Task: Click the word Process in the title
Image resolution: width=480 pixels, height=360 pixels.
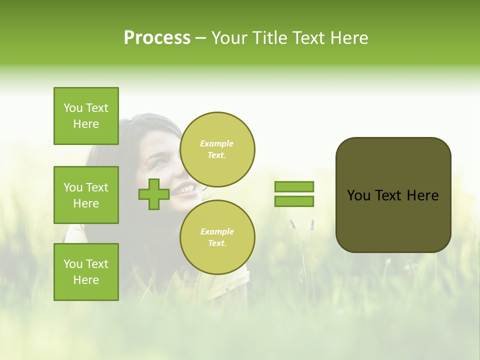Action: coord(157,38)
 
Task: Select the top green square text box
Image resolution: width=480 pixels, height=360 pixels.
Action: coord(86,116)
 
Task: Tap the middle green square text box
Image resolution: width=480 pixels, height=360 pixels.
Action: coord(86,195)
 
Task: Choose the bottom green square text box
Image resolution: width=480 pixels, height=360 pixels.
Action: coord(86,272)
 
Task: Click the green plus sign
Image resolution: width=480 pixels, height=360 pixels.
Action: coord(154,194)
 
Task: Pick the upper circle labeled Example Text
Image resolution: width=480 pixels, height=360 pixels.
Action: coord(217,149)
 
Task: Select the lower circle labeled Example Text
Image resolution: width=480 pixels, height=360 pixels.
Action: coord(217,237)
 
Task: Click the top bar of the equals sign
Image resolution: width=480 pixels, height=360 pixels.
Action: coord(294,187)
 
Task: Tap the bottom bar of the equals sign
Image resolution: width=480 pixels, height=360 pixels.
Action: coord(294,201)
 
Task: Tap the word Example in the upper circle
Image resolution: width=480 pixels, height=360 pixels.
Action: coord(217,143)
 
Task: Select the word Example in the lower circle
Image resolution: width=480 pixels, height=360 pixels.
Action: coord(217,231)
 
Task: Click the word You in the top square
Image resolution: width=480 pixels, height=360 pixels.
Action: coord(73,108)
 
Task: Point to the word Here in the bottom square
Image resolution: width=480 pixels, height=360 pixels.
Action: coord(86,280)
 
